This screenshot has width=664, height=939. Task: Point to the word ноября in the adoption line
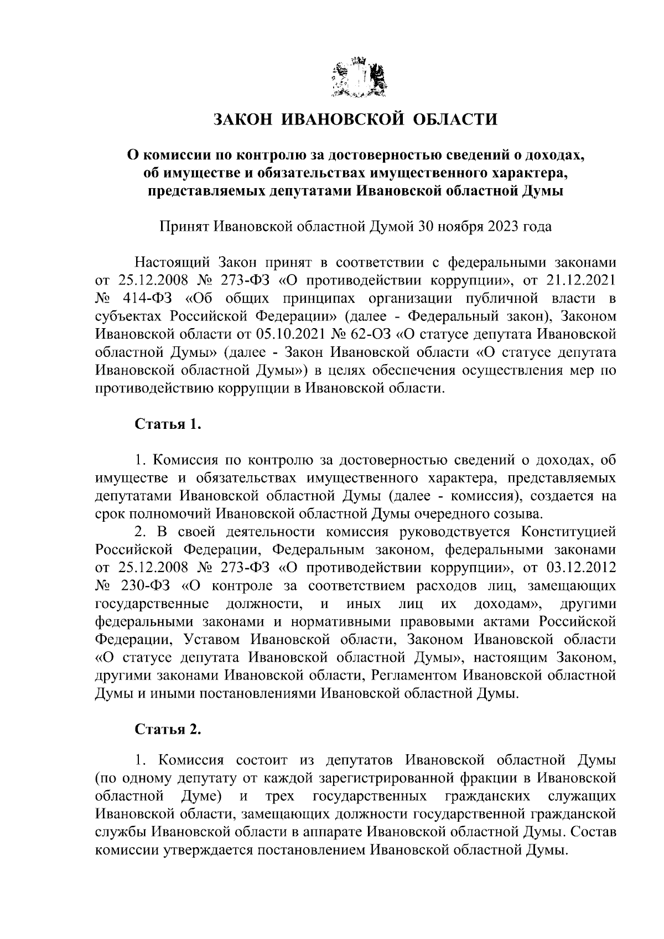coord(464,227)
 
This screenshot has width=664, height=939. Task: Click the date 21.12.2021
coord(580,280)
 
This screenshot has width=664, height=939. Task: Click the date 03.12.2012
coord(580,568)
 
